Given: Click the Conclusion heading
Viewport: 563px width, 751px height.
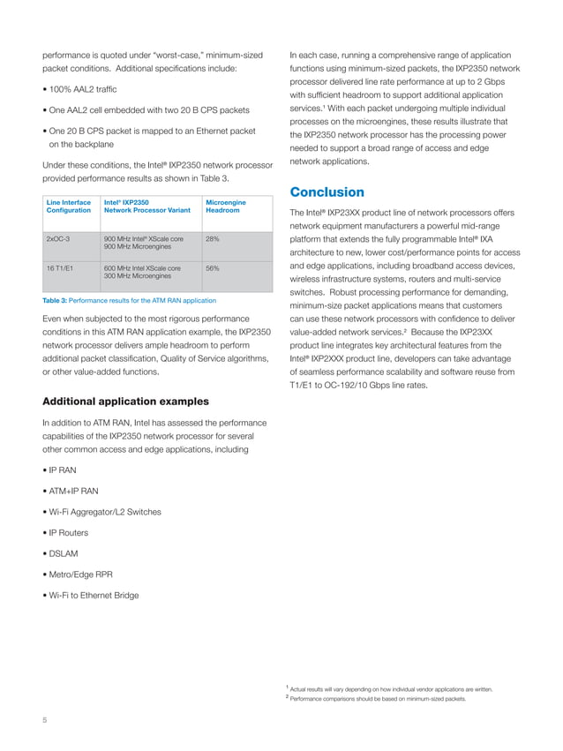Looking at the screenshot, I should (327, 192).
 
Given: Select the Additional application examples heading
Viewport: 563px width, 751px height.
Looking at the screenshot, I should (125, 402).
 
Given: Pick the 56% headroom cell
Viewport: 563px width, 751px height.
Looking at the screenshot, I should (212, 268).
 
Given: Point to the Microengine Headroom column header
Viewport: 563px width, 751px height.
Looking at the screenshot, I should (226, 207).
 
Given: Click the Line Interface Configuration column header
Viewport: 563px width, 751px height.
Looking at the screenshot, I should (68, 207).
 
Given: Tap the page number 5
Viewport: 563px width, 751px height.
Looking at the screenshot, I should (45, 720).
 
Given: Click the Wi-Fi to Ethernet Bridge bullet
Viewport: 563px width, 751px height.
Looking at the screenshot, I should (92, 596).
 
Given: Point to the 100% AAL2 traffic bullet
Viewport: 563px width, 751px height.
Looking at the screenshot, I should (81, 90).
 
